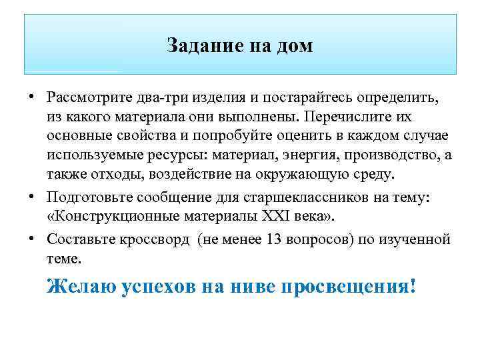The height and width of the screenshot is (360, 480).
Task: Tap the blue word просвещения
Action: [349, 287]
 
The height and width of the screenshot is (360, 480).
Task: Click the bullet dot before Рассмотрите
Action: [33, 98]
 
